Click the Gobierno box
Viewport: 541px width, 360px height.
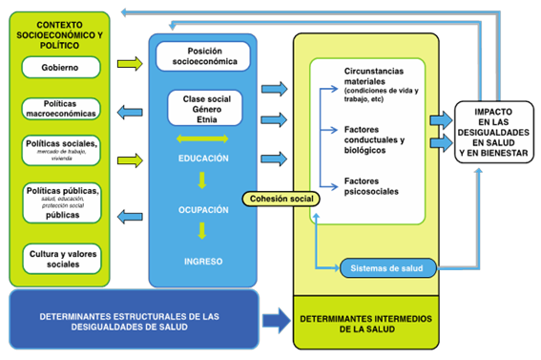[60, 68]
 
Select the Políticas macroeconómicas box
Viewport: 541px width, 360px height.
[60, 108]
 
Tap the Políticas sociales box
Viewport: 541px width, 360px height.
[60, 149]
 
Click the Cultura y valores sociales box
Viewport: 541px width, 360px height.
[60, 258]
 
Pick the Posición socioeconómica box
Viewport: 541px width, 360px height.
[202, 55]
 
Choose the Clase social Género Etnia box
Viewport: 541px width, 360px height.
[201, 109]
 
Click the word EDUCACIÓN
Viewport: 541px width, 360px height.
[202, 158]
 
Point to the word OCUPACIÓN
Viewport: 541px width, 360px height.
[202, 208]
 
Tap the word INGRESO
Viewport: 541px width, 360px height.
[202, 260]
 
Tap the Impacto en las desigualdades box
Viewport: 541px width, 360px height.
[492, 130]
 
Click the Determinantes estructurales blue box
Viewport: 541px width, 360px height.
[133, 320]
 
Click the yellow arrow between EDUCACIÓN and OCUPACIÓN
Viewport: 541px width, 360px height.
[202, 181]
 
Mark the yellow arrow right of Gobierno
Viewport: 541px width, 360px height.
[126, 65]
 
